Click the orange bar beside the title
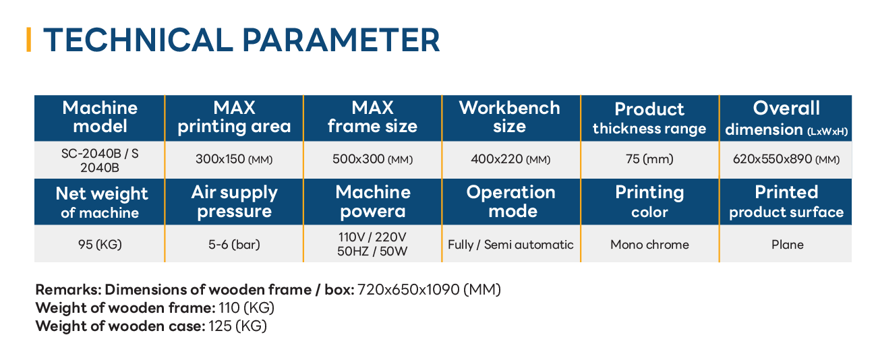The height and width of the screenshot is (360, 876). coord(28,40)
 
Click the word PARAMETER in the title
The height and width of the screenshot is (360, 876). coord(341,40)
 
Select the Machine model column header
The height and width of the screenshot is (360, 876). coord(100,117)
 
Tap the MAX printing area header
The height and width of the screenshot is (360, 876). coord(234,117)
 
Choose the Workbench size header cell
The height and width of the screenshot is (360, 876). coord(510,117)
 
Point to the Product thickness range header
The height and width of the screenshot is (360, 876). coord(649,118)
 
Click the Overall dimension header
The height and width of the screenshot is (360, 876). coord(786,119)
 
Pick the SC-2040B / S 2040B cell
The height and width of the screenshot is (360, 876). coord(100,160)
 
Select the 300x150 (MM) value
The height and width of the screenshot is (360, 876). coord(234,159)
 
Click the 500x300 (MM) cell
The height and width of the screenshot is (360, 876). coord(372,159)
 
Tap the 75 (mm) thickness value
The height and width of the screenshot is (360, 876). coord(649,159)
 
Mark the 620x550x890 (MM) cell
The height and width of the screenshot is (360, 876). coord(786,159)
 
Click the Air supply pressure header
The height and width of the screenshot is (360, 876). coord(234,202)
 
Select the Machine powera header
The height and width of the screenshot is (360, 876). coord(373,202)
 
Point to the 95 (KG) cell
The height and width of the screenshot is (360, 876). coord(100,245)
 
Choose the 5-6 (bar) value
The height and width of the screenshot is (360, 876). coord(234,245)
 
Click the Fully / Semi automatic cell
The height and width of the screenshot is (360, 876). coord(510,245)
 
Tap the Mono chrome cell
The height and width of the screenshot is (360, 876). coord(649,245)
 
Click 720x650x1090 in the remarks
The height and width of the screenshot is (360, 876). coord(408,290)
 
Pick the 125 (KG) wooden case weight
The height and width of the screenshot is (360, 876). coord(237,326)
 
